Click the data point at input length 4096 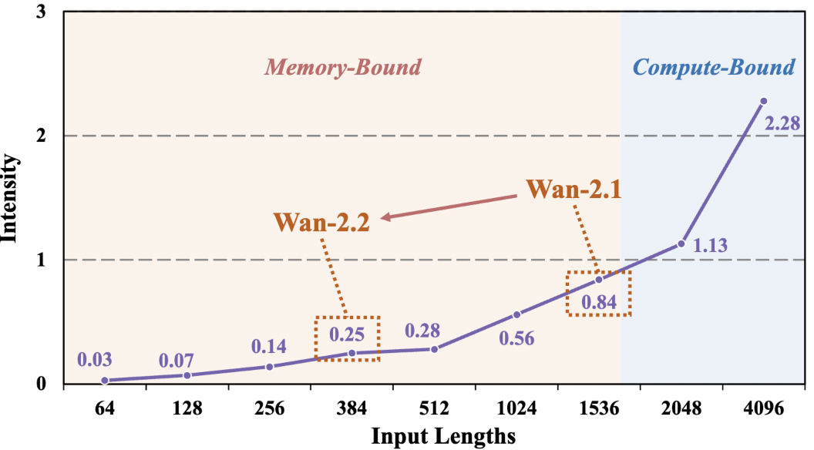pos(763,101)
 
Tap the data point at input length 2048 pos(681,244)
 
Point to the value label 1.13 pos(709,247)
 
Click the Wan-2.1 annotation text pos(573,189)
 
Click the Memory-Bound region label pos(343,67)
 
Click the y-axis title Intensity pos(11,197)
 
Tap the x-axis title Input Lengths pos(443,436)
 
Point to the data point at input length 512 pos(435,349)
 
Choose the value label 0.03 pos(95,359)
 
